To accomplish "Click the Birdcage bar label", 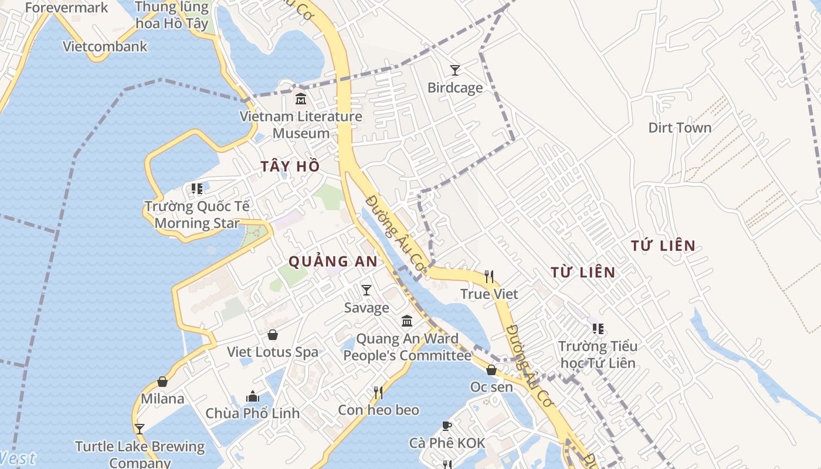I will click(455, 88).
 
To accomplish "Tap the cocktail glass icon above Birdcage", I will click(454, 70).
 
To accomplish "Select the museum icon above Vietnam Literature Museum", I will click(301, 98).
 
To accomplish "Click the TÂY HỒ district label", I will click(290, 166).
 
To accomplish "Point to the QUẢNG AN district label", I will click(333, 261).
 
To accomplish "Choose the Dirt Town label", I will click(680, 128).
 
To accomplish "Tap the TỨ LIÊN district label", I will click(663, 246).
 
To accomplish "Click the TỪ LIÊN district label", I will click(583, 272).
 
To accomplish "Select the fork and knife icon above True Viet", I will click(489, 276).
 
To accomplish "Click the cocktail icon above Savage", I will click(367, 290).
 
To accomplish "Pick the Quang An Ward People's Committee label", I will click(407, 347).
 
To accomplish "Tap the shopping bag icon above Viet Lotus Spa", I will click(273, 335).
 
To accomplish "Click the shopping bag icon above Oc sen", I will click(491, 370).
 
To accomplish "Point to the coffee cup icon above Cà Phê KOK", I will click(447, 426).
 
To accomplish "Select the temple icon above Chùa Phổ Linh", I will click(253, 396).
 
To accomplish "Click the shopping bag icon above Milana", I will click(162, 382).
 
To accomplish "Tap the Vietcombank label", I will click(105, 46).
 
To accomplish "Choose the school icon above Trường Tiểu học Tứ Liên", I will click(598, 329).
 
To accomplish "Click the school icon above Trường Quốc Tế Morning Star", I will click(197, 189).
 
